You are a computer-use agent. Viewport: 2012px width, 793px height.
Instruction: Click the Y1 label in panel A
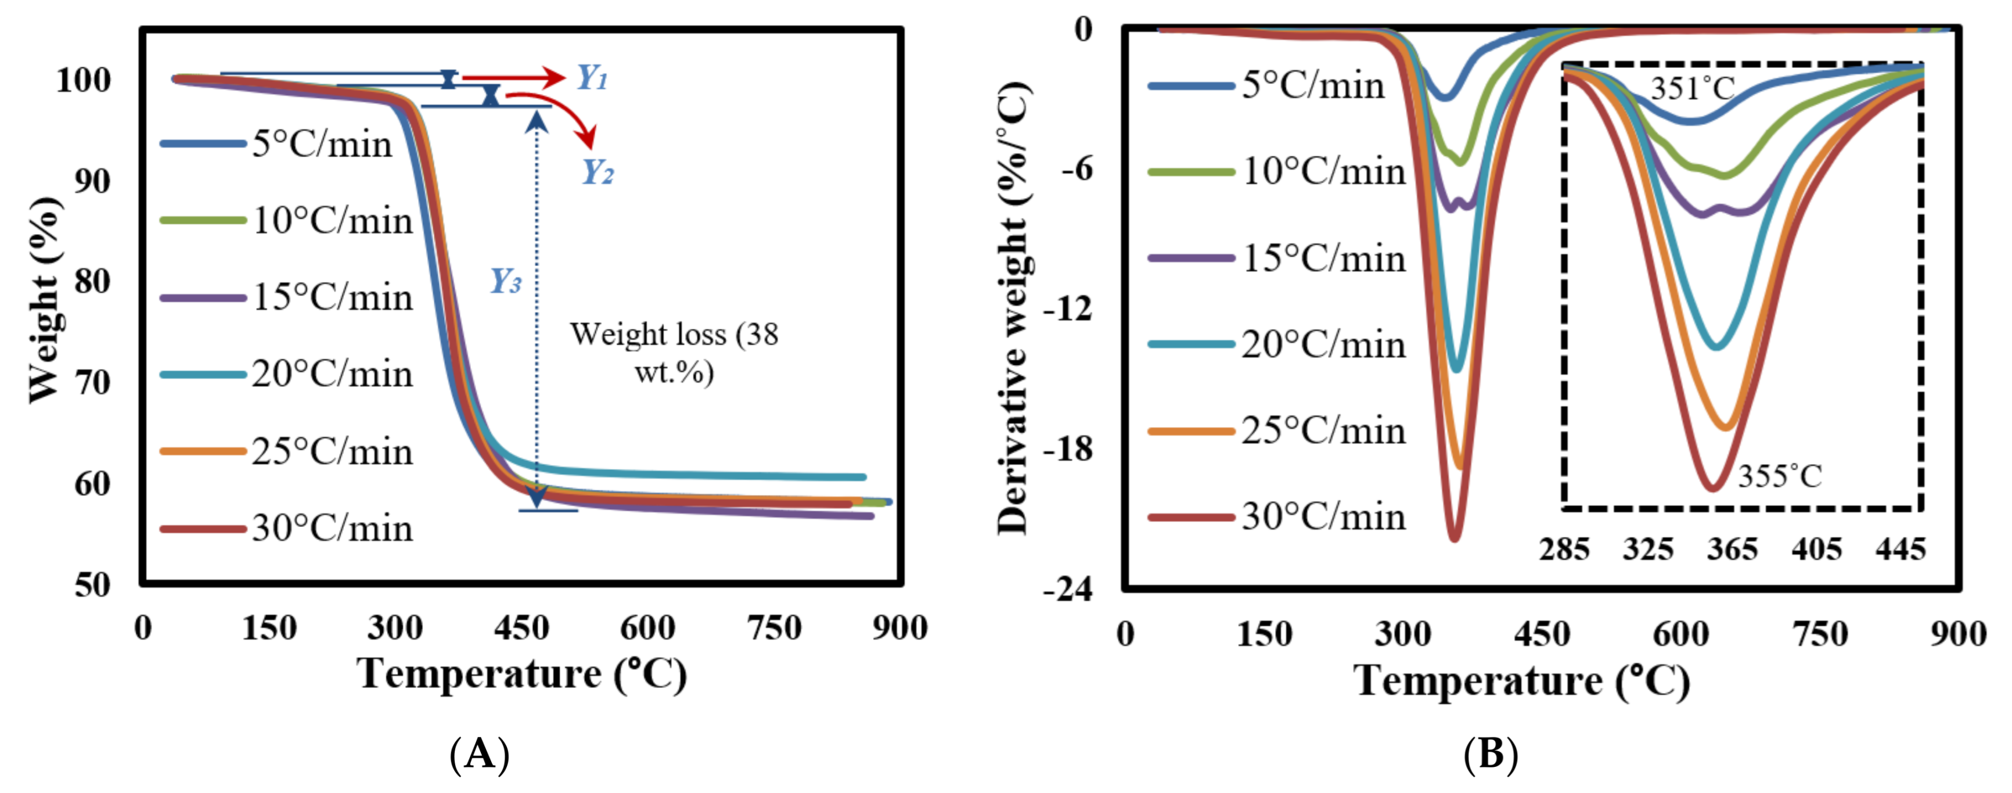tap(592, 77)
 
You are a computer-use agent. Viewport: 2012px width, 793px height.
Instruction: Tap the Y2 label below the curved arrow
tap(598, 171)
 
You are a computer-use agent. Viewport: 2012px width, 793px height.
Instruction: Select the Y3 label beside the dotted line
tap(505, 281)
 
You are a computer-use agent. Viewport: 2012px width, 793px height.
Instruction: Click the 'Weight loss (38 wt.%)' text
tap(673, 353)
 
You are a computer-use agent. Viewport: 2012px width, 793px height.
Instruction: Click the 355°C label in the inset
tap(1779, 475)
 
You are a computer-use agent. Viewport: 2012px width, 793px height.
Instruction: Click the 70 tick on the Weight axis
tap(92, 382)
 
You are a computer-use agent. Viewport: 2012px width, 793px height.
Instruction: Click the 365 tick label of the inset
tap(1732, 549)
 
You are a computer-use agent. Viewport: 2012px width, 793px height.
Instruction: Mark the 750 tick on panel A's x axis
tap(773, 628)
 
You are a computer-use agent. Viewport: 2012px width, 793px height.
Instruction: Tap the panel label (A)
tap(480, 755)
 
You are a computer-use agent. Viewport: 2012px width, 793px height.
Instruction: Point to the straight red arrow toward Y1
tap(513, 77)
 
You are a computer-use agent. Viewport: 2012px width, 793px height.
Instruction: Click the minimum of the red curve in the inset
tap(1712, 489)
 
